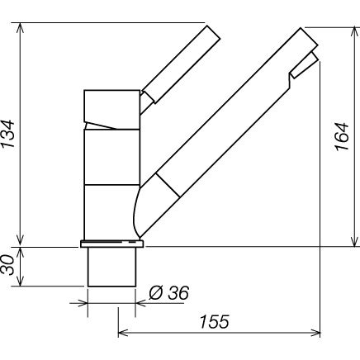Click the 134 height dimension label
pyautogui.click(x=7, y=134)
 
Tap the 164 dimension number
pyautogui.click(x=342, y=136)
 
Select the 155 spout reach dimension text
pyautogui.click(x=214, y=321)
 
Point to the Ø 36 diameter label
pyautogui.click(x=169, y=292)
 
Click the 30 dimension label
pyautogui.click(x=7, y=265)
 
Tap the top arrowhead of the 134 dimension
pyautogui.click(x=20, y=27)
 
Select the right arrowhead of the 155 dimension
pyautogui.click(x=315, y=333)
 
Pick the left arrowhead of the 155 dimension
pyautogui.click(x=123, y=333)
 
